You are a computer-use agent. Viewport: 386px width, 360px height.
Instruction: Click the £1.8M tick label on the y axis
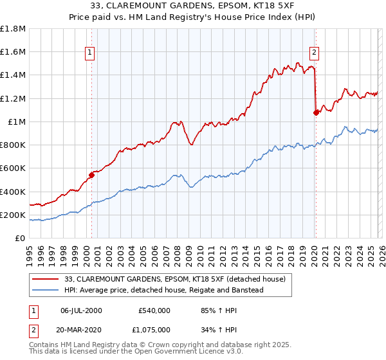coord(13,29)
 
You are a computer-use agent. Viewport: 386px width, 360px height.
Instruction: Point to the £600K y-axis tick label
coord(13,168)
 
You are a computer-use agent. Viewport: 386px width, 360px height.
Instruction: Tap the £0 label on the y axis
coord(21,239)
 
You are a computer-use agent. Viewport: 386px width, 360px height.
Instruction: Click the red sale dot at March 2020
coord(316,113)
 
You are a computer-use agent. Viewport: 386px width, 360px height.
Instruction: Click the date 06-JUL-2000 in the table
coord(86,310)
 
